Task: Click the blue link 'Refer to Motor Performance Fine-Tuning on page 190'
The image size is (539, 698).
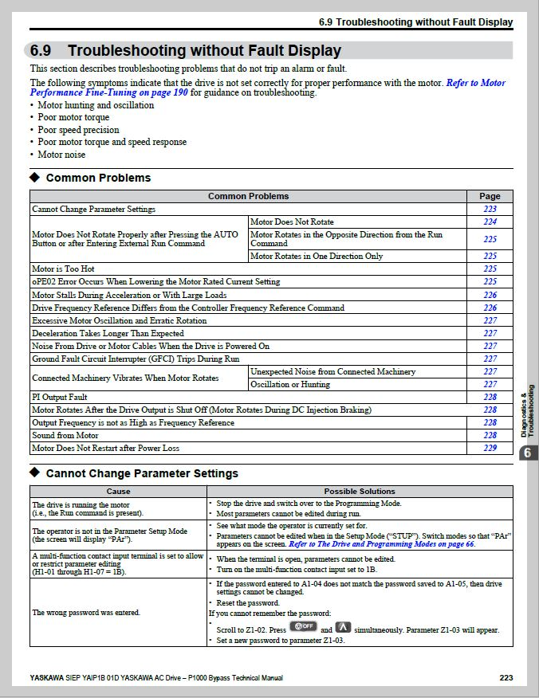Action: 475,83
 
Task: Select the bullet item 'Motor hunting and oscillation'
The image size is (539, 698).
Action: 96,105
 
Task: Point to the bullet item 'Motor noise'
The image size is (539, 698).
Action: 61,155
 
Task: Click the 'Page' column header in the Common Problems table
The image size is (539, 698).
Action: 490,196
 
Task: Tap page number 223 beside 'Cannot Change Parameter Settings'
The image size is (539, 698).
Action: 490,209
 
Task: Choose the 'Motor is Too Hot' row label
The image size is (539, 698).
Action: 63,269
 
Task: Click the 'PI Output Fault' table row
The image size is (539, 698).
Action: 59,397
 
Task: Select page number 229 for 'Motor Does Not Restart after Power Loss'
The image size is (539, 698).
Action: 490,448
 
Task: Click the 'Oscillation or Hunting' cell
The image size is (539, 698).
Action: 289,384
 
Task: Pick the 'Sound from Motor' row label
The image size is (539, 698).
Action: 65,435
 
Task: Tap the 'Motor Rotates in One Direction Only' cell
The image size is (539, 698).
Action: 317,257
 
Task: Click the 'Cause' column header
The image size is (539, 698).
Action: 118,492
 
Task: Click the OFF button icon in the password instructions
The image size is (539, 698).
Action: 303,627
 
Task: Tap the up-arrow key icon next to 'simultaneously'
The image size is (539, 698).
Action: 343,628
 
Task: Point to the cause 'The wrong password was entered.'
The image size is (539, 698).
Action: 85,613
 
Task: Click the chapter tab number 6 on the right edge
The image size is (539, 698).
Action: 527,453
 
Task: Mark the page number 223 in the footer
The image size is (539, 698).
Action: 506,678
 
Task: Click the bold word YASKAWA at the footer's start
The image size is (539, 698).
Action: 47,678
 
